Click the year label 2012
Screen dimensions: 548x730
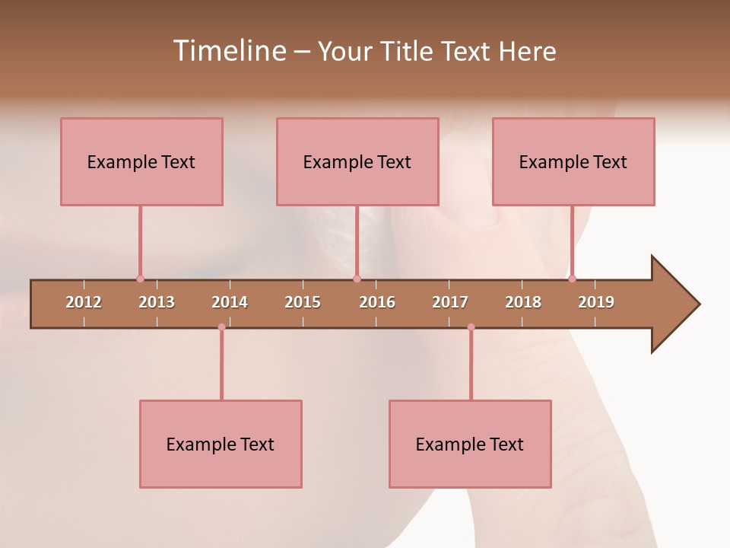84,302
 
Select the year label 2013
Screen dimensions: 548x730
157,302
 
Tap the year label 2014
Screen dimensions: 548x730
230,302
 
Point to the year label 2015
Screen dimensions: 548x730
303,302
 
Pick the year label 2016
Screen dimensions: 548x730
377,302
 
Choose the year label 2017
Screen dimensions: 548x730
450,302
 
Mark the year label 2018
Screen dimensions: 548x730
523,302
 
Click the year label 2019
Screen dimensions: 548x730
596,302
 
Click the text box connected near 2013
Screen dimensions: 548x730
141,161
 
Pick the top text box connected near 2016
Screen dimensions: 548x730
357,161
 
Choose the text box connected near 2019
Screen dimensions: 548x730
573,161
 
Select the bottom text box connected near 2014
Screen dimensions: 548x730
221,444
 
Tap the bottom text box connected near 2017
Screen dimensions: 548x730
470,444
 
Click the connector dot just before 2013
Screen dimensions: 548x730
140,279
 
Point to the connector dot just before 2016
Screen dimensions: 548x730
357,279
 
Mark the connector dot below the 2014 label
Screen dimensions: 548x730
221,327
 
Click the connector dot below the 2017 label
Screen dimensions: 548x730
471,327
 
